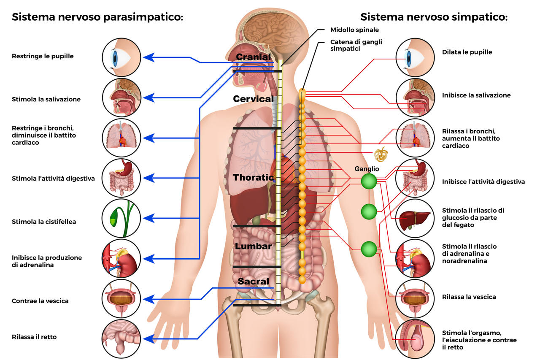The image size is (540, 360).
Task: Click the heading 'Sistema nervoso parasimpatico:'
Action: (x=97, y=17)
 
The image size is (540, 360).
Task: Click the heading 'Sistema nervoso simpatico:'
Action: (x=434, y=17)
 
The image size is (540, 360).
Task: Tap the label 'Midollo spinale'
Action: (x=354, y=30)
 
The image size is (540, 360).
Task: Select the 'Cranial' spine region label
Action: (x=253, y=57)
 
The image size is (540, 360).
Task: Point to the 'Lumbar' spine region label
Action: (x=253, y=246)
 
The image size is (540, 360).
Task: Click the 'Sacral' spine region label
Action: (x=253, y=281)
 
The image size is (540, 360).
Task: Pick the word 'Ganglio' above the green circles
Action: (x=367, y=169)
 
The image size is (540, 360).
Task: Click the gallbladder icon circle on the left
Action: (x=121, y=219)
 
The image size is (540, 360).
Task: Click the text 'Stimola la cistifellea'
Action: (x=44, y=222)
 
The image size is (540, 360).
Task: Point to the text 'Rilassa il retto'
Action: (x=34, y=337)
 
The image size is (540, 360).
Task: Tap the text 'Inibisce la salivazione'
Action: (x=476, y=95)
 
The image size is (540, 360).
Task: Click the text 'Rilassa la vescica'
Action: (x=469, y=297)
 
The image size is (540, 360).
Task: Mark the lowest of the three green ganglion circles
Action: (x=369, y=249)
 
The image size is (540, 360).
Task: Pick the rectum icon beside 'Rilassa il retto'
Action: (x=121, y=338)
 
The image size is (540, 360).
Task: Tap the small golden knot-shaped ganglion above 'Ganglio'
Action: (x=380, y=154)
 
